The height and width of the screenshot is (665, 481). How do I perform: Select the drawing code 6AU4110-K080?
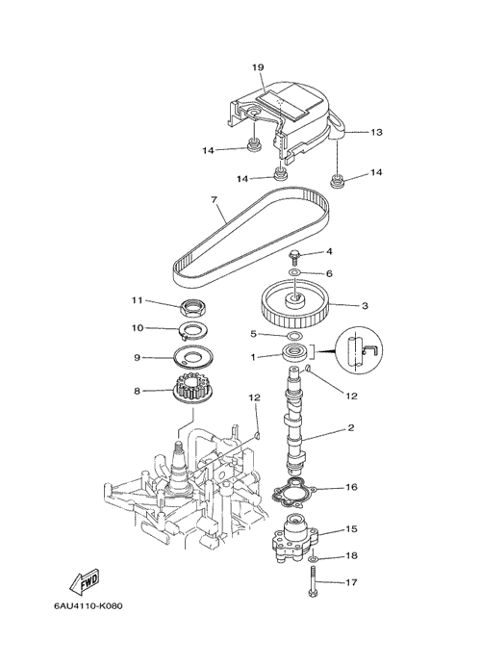point(88,606)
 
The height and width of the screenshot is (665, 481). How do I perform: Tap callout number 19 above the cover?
point(258,67)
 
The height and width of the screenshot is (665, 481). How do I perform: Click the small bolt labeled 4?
point(293,257)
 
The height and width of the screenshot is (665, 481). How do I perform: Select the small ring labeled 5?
point(292,336)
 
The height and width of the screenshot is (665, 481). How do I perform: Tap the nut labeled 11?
point(192,307)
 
